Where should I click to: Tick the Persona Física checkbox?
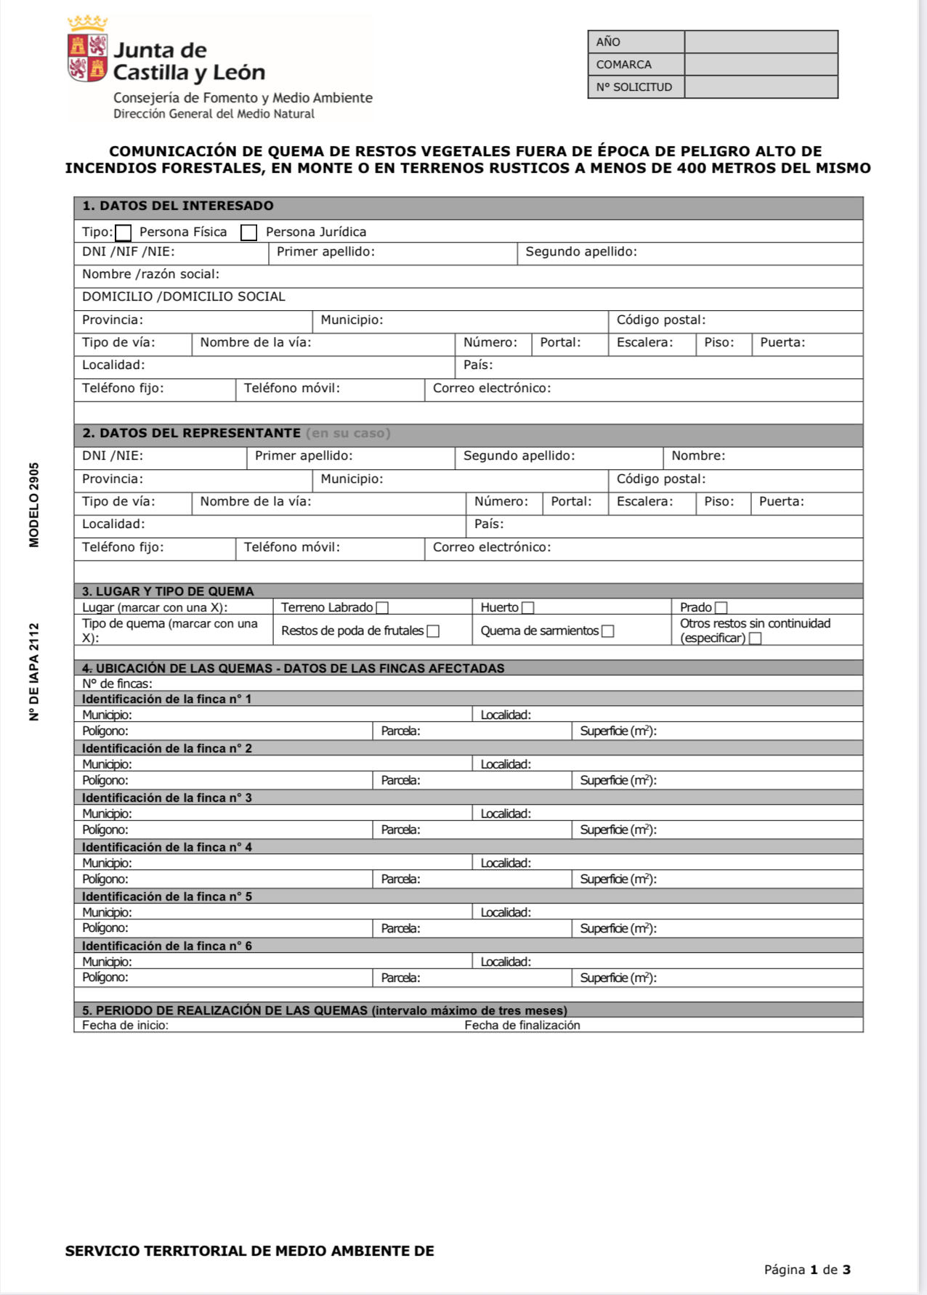pyautogui.click(x=124, y=232)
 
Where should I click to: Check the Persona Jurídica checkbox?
pyautogui.click(x=248, y=232)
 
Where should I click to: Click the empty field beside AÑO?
pyautogui.click(x=761, y=42)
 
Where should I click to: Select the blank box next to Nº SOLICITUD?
pyautogui.click(x=761, y=87)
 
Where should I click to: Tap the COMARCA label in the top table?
pyautogui.click(x=623, y=65)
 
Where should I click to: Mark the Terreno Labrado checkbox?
pyautogui.click(x=382, y=608)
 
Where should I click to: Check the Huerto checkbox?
pyautogui.click(x=528, y=608)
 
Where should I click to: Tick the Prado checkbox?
pyautogui.click(x=721, y=608)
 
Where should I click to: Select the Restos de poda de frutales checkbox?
pyautogui.click(x=433, y=631)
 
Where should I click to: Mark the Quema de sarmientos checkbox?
pyautogui.click(x=608, y=631)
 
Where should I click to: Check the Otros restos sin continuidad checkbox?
pyautogui.click(x=756, y=638)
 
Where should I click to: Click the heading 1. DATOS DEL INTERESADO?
pyautogui.click(x=178, y=206)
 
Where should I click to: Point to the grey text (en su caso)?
pyautogui.click(x=348, y=434)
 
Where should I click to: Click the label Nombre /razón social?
pyautogui.click(x=150, y=275)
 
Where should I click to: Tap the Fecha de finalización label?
pyautogui.click(x=522, y=1026)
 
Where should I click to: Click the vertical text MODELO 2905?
pyautogui.click(x=34, y=505)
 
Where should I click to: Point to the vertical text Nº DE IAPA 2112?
pyautogui.click(x=34, y=672)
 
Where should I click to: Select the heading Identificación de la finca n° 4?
pyautogui.click(x=166, y=848)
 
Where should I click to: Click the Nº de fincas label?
pyautogui.click(x=117, y=684)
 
